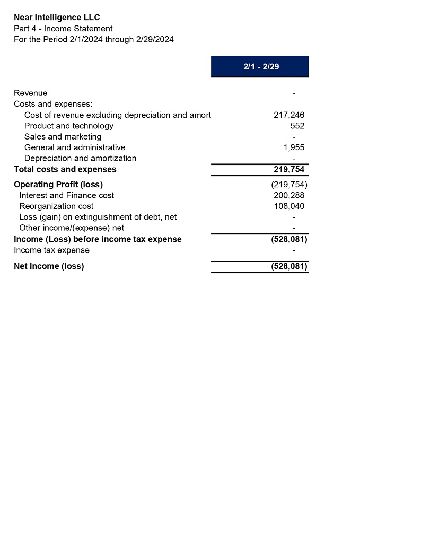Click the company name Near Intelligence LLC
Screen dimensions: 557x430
57,18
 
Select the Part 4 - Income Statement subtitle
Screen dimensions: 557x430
63,29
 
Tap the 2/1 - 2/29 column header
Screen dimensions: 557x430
260,67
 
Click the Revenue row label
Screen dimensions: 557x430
30,93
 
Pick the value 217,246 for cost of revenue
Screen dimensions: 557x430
289,115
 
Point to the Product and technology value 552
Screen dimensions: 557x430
297,126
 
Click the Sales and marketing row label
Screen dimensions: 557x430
63,137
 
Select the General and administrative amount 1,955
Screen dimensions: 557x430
294,147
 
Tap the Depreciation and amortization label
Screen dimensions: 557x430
80,158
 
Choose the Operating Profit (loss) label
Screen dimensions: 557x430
58,185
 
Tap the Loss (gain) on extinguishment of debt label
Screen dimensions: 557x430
98,217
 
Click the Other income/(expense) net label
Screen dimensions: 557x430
72,228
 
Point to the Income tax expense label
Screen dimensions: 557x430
51,250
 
